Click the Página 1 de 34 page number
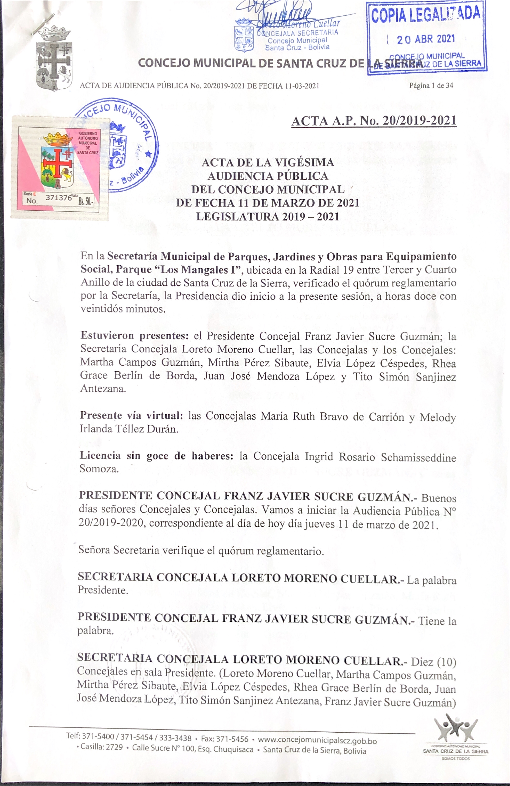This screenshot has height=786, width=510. point(431,86)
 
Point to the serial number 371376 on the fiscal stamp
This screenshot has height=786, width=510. point(59,197)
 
